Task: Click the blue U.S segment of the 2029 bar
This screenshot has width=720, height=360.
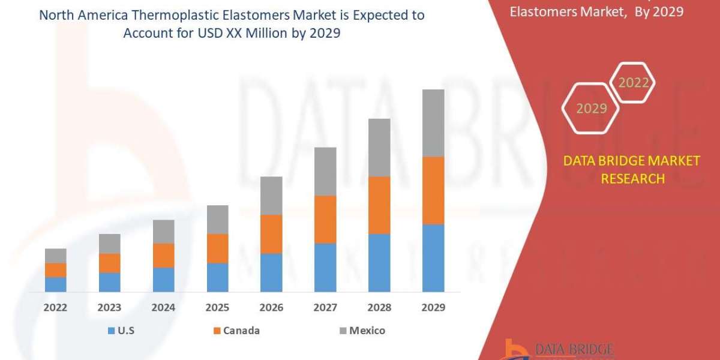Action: pyautogui.click(x=433, y=258)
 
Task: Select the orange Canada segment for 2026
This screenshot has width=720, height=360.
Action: pyautogui.click(x=271, y=234)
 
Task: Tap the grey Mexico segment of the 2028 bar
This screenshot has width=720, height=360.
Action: pyautogui.click(x=379, y=148)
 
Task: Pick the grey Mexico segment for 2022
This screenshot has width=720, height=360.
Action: pyautogui.click(x=56, y=256)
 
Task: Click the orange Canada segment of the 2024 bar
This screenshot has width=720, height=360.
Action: pyautogui.click(x=163, y=256)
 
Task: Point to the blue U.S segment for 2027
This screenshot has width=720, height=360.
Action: pyautogui.click(x=325, y=268)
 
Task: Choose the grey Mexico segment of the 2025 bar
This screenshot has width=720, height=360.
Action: pyautogui.click(x=217, y=220)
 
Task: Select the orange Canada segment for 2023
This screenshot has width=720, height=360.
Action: pyautogui.click(x=110, y=263)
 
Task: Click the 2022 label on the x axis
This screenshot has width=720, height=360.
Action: pyautogui.click(x=56, y=308)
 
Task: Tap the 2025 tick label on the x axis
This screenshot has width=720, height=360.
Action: pyautogui.click(x=217, y=308)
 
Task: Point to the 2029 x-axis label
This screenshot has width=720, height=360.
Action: pyautogui.click(x=433, y=308)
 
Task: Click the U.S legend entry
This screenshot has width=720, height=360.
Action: pyautogui.click(x=122, y=331)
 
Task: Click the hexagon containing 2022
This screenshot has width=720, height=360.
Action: pyautogui.click(x=632, y=83)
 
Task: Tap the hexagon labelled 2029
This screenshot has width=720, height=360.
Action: pyautogui.click(x=590, y=109)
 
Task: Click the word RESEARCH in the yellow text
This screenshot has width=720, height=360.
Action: pyautogui.click(x=632, y=179)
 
